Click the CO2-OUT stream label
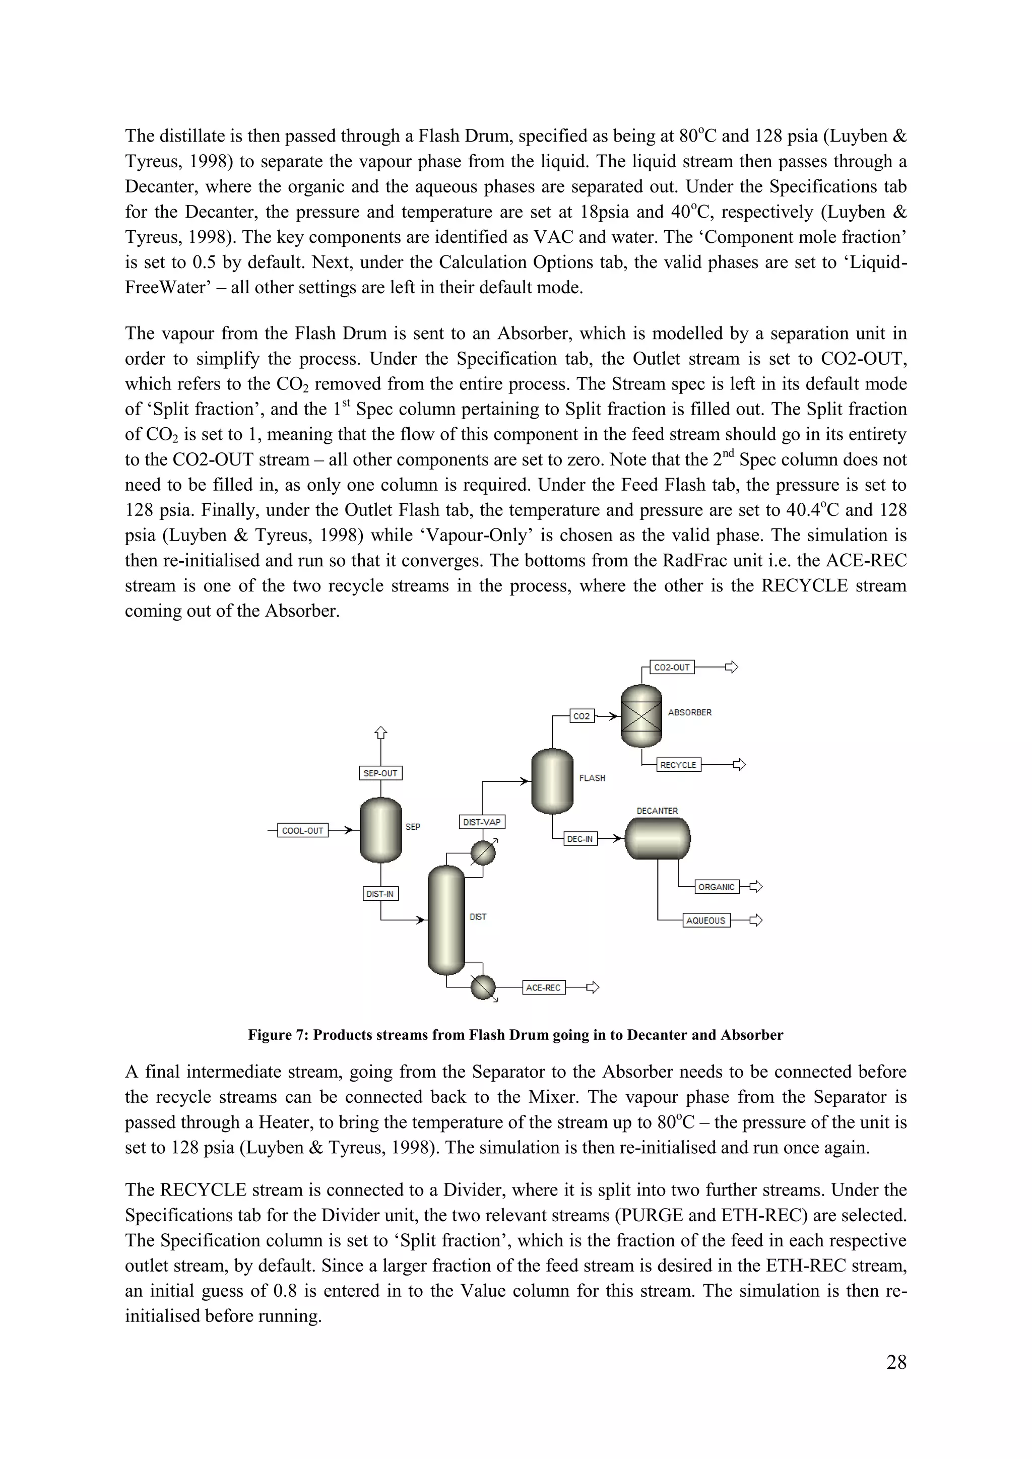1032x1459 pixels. click(672, 667)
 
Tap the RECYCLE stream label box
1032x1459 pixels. click(678, 765)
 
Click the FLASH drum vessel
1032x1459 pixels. click(552, 781)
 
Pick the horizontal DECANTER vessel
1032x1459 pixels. click(658, 838)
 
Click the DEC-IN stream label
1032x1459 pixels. click(580, 839)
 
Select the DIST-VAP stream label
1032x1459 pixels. click(482, 822)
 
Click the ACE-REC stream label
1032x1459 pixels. click(543, 987)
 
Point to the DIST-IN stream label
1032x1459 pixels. click(380, 894)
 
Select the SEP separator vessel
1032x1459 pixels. click(380, 830)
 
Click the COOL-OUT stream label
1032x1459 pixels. click(302, 831)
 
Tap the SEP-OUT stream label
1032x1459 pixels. click(380, 773)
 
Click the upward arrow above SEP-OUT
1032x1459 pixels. click(380, 733)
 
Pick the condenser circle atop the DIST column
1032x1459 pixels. click(483, 853)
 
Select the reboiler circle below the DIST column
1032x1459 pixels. click(483, 987)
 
